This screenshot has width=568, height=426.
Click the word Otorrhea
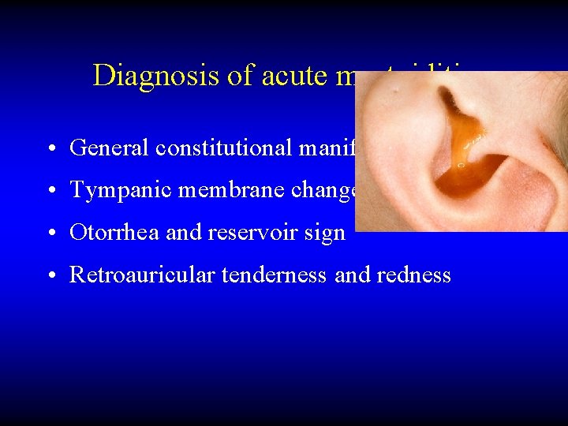tap(103, 233)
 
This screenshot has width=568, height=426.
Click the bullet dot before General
tap(50, 148)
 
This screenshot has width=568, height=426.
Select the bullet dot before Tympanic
tap(50, 191)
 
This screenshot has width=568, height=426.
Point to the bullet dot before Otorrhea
tap(50, 234)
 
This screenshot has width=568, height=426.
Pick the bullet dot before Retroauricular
tap(50, 275)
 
